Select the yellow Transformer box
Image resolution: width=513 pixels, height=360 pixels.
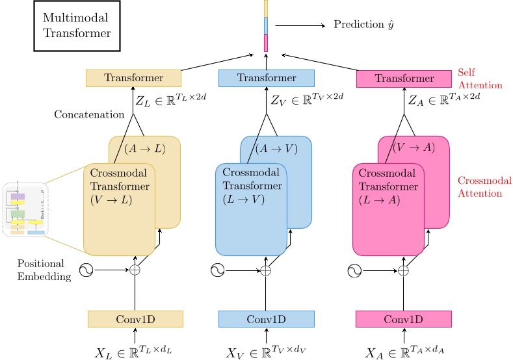click(x=134, y=78)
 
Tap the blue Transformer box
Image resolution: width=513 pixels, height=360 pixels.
click(x=266, y=78)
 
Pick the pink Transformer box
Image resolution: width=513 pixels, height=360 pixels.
click(x=404, y=79)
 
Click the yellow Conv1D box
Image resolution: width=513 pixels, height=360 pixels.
click(x=135, y=318)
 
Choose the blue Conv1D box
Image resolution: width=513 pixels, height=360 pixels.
click(x=266, y=318)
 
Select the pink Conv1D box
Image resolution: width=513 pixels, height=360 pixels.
click(x=404, y=318)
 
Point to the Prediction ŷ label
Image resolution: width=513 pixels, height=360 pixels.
click(x=364, y=25)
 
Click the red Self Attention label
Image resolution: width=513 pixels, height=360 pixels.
click(x=480, y=79)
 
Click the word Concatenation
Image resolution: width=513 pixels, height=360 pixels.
click(x=89, y=114)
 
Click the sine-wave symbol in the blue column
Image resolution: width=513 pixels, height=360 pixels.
click(x=218, y=269)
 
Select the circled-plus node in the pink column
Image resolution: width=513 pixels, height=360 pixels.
click(x=404, y=269)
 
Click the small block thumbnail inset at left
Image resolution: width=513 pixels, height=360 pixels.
click(x=26, y=209)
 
